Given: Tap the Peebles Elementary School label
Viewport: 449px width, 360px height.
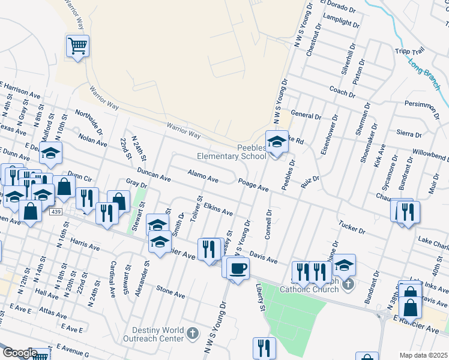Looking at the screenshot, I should [232, 152].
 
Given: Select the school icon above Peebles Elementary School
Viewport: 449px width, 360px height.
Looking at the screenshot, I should [277, 142].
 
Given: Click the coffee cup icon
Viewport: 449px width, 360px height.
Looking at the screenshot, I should [238, 267].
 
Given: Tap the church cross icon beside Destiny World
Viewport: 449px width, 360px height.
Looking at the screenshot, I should [193, 332].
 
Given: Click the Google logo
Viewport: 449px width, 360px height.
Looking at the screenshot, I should [19, 353].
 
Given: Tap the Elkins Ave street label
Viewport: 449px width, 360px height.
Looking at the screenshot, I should [218, 209].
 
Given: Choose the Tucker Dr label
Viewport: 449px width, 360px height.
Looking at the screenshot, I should [352, 227].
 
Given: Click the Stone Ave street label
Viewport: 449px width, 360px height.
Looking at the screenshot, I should [170, 293].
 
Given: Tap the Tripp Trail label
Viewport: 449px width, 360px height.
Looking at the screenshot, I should [409, 52].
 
